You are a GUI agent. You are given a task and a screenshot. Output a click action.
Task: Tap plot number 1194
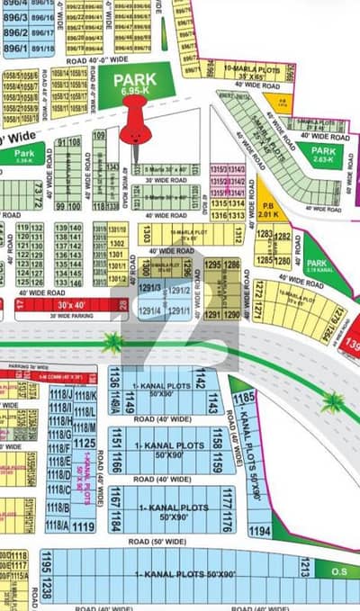260,533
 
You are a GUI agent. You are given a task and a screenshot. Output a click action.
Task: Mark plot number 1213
305,567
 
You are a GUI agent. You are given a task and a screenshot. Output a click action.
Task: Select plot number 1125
84,443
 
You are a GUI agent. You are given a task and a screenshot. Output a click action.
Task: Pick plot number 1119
84,526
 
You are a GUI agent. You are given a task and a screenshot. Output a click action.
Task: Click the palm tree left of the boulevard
113,342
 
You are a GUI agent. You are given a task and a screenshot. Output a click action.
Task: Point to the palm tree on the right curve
333,401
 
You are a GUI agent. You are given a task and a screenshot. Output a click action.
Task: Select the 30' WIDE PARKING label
67,316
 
